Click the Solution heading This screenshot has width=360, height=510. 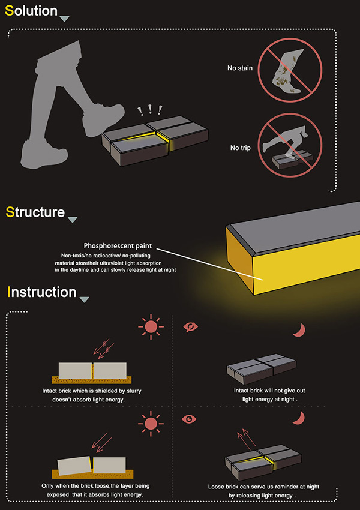[x=31, y=11]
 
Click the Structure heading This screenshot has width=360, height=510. [x=35, y=212]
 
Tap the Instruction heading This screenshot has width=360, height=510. [x=41, y=292]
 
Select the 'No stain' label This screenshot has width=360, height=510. [x=239, y=68]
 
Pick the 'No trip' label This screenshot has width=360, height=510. [x=241, y=148]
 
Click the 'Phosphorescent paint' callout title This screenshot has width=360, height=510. [x=118, y=246]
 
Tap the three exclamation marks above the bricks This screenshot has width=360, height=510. [x=149, y=110]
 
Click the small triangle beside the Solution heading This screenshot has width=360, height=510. [x=64, y=19]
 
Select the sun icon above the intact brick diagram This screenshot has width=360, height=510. [x=151, y=327]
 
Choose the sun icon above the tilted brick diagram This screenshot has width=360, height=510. [x=151, y=424]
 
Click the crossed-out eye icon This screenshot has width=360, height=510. [x=191, y=326]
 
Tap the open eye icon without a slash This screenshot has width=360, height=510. [x=189, y=419]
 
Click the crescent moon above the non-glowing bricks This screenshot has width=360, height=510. [x=300, y=330]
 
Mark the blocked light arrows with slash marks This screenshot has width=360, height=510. [x=102, y=349]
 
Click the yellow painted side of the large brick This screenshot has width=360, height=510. [x=305, y=263]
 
